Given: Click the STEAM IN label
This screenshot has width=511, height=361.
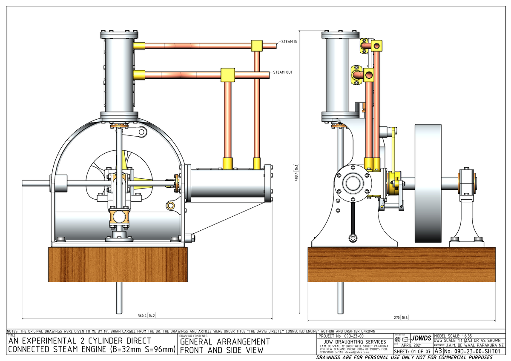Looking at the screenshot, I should coord(290,41).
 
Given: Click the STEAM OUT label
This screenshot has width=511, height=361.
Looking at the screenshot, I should coord(283,72).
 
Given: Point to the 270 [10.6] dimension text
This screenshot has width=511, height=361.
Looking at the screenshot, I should coord(401,318).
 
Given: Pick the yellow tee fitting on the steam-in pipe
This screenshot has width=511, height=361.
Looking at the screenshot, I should coord(257,46).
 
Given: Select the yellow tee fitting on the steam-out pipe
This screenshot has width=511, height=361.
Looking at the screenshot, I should coord(228,75).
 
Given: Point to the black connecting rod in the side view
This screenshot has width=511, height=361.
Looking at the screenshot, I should coord(353,221).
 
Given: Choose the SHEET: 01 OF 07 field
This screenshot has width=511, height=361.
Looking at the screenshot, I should coord(412,352).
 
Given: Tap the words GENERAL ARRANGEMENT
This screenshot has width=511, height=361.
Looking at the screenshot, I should coord(225,342).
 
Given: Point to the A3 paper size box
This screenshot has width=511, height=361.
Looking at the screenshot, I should coord(438,352).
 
